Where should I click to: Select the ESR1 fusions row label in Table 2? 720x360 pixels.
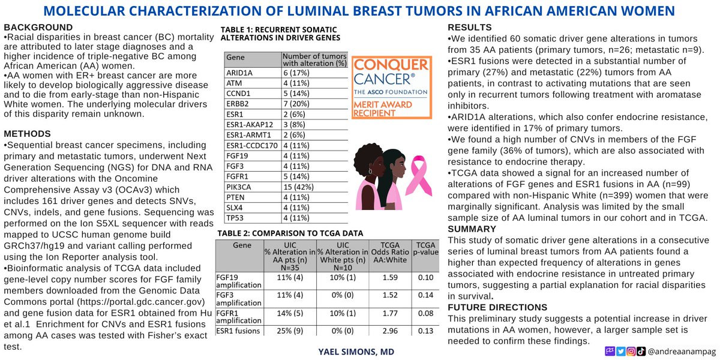click(238, 331)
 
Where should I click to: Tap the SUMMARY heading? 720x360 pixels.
click(471, 229)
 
